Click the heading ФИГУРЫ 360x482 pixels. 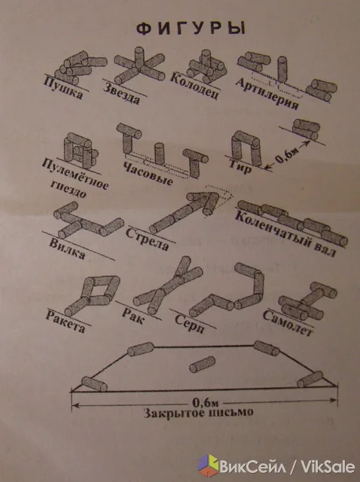[x=191, y=29]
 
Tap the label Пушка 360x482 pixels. [x=63, y=88]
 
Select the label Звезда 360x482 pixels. [x=121, y=93]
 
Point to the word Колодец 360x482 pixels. [x=194, y=86]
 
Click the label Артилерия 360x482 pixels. [x=267, y=93]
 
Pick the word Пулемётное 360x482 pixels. [x=75, y=174]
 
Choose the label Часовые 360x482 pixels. [x=148, y=174]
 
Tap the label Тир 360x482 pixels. [x=240, y=166]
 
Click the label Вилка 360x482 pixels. [x=67, y=249]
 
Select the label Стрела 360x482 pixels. [x=148, y=239]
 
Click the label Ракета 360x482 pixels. [x=66, y=322]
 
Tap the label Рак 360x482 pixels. [x=133, y=316]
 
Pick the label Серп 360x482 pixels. [x=189, y=325]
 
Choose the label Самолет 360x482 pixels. [x=288, y=323]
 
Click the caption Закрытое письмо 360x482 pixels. [x=199, y=413]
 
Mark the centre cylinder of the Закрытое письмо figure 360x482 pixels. [x=202, y=365]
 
